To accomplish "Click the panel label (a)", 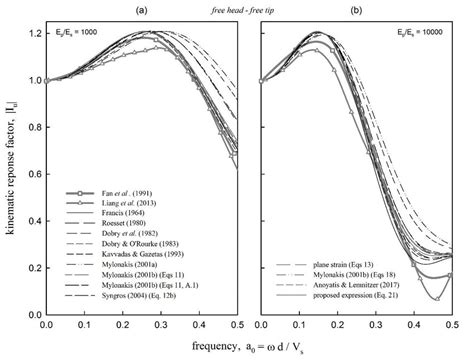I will click(143, 9).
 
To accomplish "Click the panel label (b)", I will click(357, 9).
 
